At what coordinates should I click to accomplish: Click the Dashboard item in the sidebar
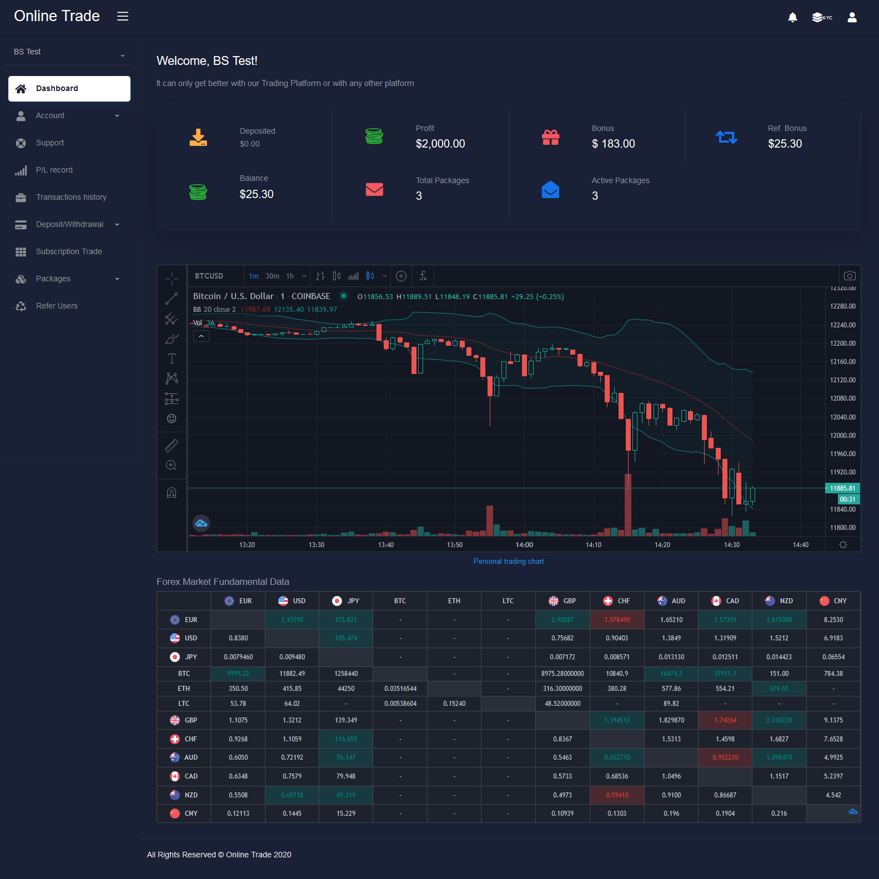tap(69, 89)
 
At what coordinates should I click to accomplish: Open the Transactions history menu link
tap(71, 197)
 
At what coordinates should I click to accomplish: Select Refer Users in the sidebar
tap(57, 306)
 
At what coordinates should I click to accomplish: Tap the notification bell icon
tap(792, 17)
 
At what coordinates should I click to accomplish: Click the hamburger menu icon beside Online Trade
tap(123, 16)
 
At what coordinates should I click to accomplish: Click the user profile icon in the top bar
tap(852, 17)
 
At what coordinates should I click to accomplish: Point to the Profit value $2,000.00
tap(440, 144)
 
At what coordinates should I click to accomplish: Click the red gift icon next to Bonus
tap(550, 137)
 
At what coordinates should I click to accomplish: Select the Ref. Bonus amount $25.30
tap(785, 144)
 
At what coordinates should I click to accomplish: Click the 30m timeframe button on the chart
tap(272, 276)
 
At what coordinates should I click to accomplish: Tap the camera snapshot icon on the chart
tap(850, 276)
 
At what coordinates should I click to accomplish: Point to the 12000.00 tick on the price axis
tap(842, 436)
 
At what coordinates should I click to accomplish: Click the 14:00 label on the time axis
tap(524, 545)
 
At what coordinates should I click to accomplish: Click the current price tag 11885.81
tap(842, 488)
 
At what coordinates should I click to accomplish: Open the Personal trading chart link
tap(509, 562)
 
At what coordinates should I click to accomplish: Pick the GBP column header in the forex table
tap(562, 601)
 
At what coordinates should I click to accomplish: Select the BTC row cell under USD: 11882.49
tap(292, 674)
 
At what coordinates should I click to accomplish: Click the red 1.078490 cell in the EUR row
tap(617, 620)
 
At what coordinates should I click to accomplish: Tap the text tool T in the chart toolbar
tap(172, 358)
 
